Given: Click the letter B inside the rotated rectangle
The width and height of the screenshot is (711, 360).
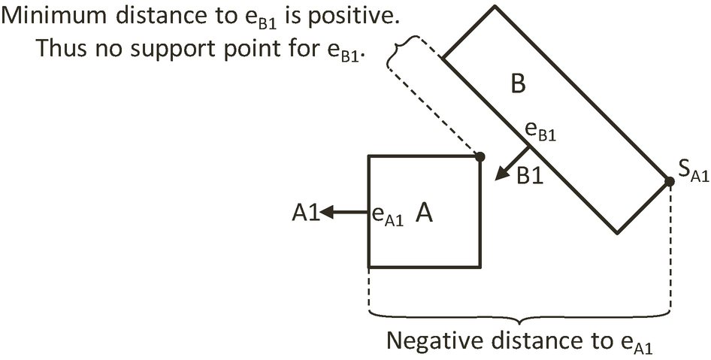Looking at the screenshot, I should pyautogui.click(x=518, y=84).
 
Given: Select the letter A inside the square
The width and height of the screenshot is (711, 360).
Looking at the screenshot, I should pyautogui.click(x=424, y=215).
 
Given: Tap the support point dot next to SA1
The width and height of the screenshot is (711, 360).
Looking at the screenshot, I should pyautogui.click(x=668, y=181).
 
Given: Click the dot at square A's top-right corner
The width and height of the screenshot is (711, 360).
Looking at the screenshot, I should pyautogui.click(x=480, y=156).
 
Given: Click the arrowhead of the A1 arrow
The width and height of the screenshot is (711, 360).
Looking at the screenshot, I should pyautogui.click(x=328, y=213).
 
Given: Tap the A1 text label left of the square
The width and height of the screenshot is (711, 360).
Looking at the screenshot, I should pyautogui.click(x=306, y=214).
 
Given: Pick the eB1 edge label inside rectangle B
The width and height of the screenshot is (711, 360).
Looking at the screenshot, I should pyautogui.click(x=540, y=132).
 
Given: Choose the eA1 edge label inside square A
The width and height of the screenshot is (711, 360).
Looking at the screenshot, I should pyautogui.click(x=388, y=216).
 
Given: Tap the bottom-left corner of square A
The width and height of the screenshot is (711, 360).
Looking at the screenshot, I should pyautogui.click(x=368, y=267).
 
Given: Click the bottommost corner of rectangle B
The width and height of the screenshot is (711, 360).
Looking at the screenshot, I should pyautogui.click(x=617, y=232).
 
